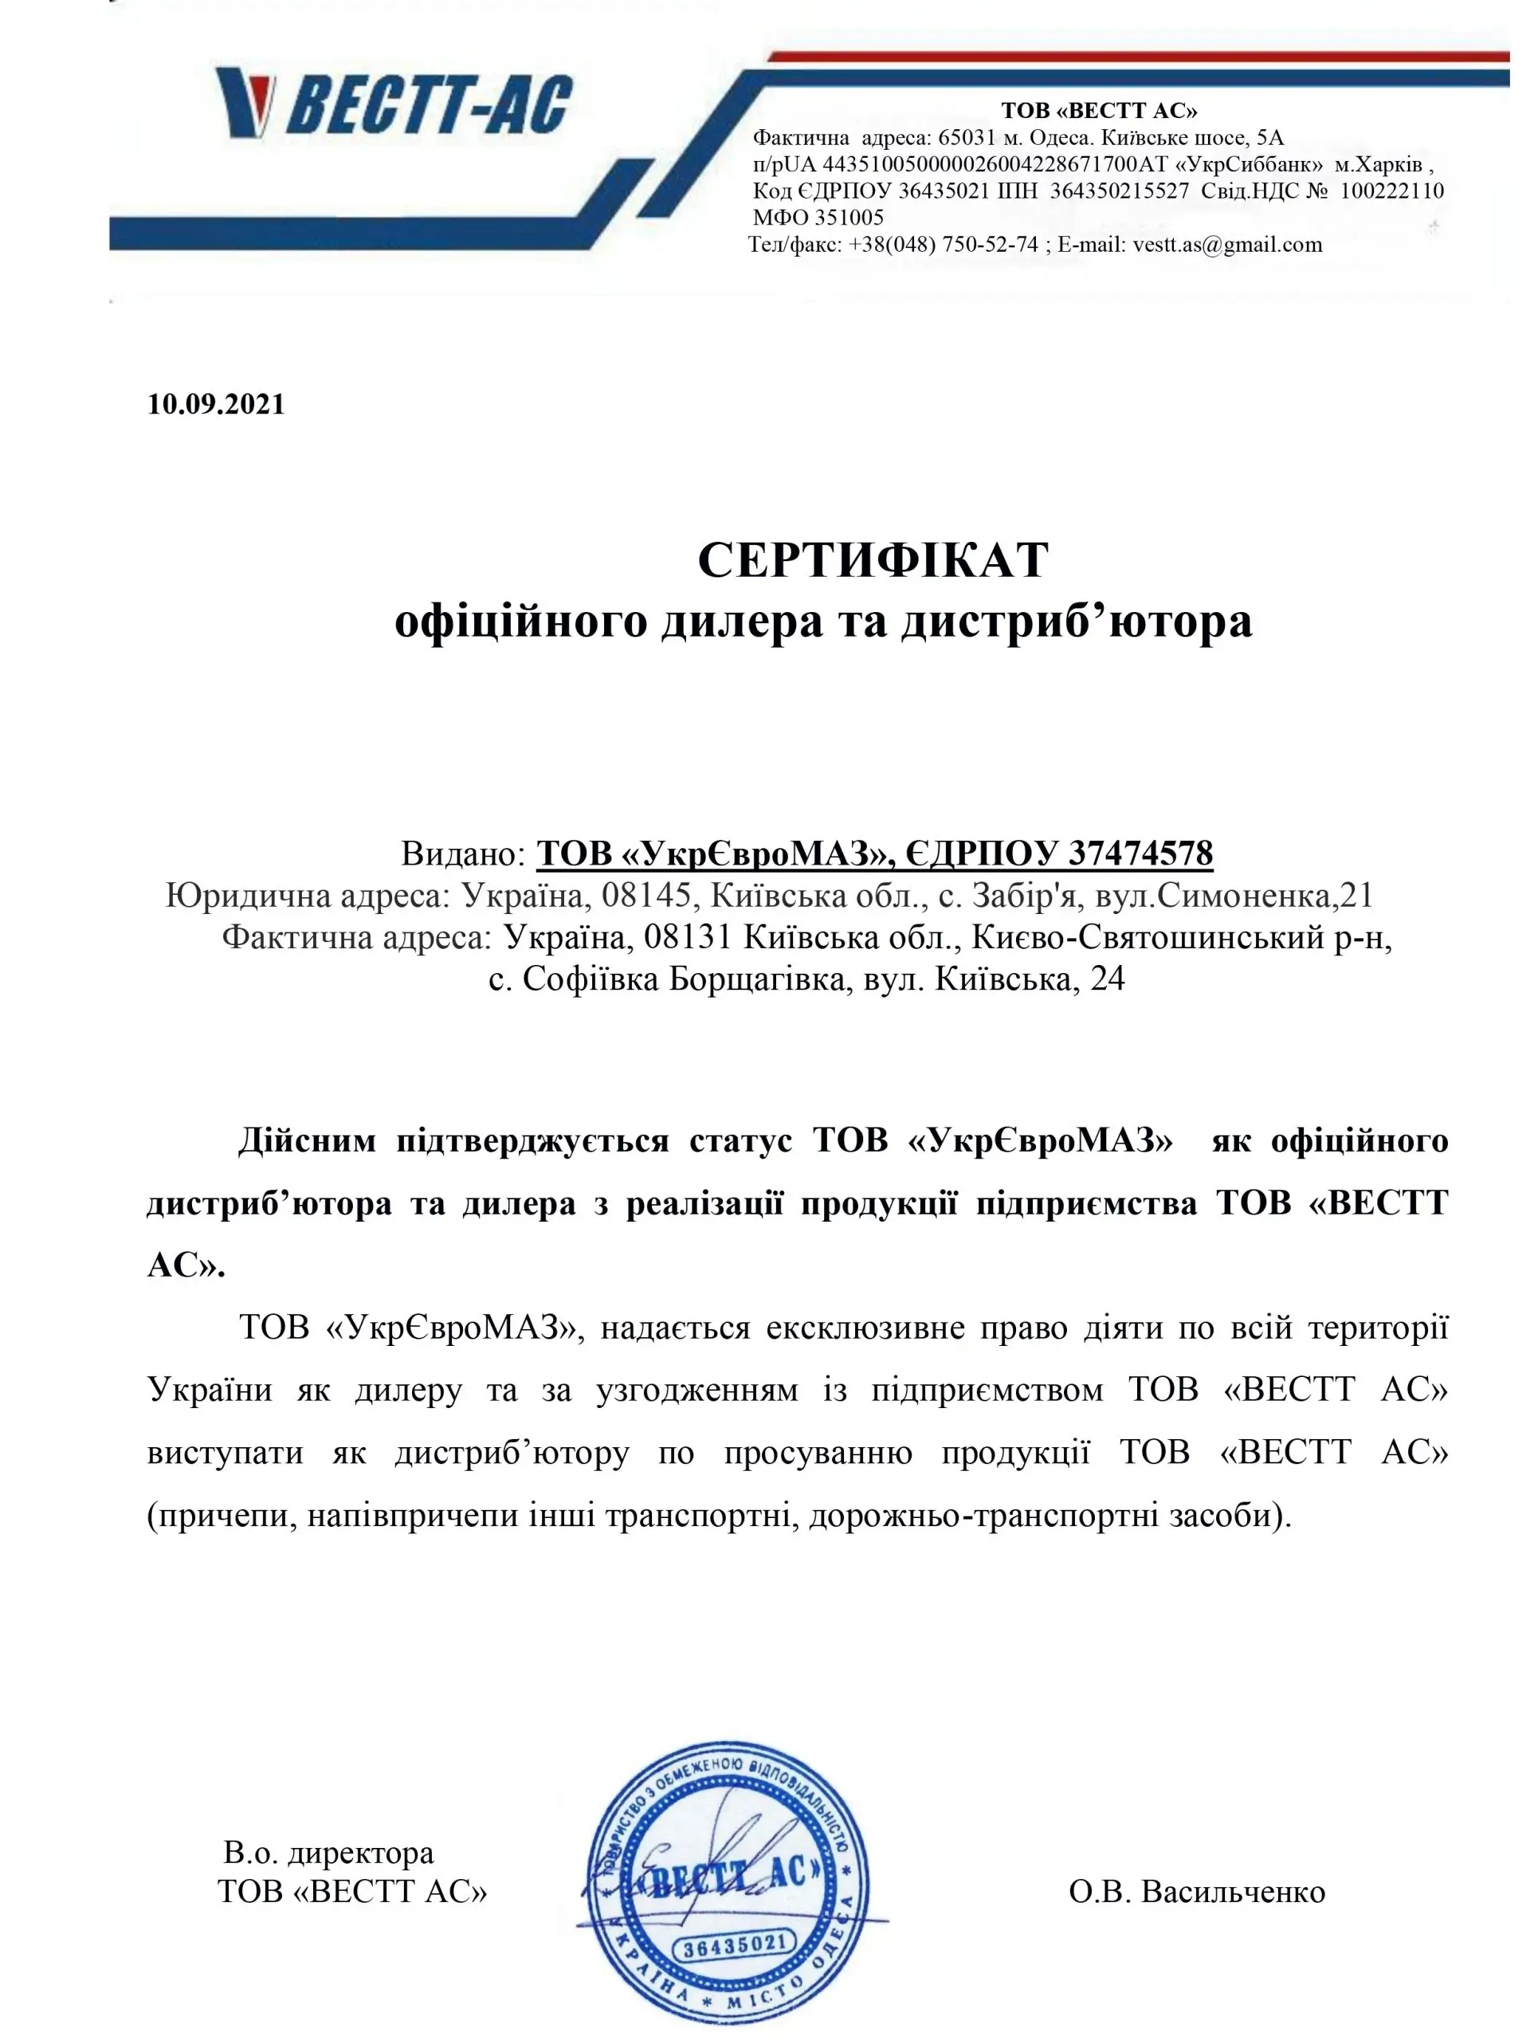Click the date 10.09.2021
(216, 404)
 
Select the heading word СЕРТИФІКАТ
(873, 559)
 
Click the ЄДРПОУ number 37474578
(1140, 853)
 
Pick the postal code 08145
(645, 895)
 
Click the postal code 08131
(688, 937)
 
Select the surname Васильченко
(1233, 1892)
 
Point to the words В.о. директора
(328, 1852)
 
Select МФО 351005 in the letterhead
(818, 218)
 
